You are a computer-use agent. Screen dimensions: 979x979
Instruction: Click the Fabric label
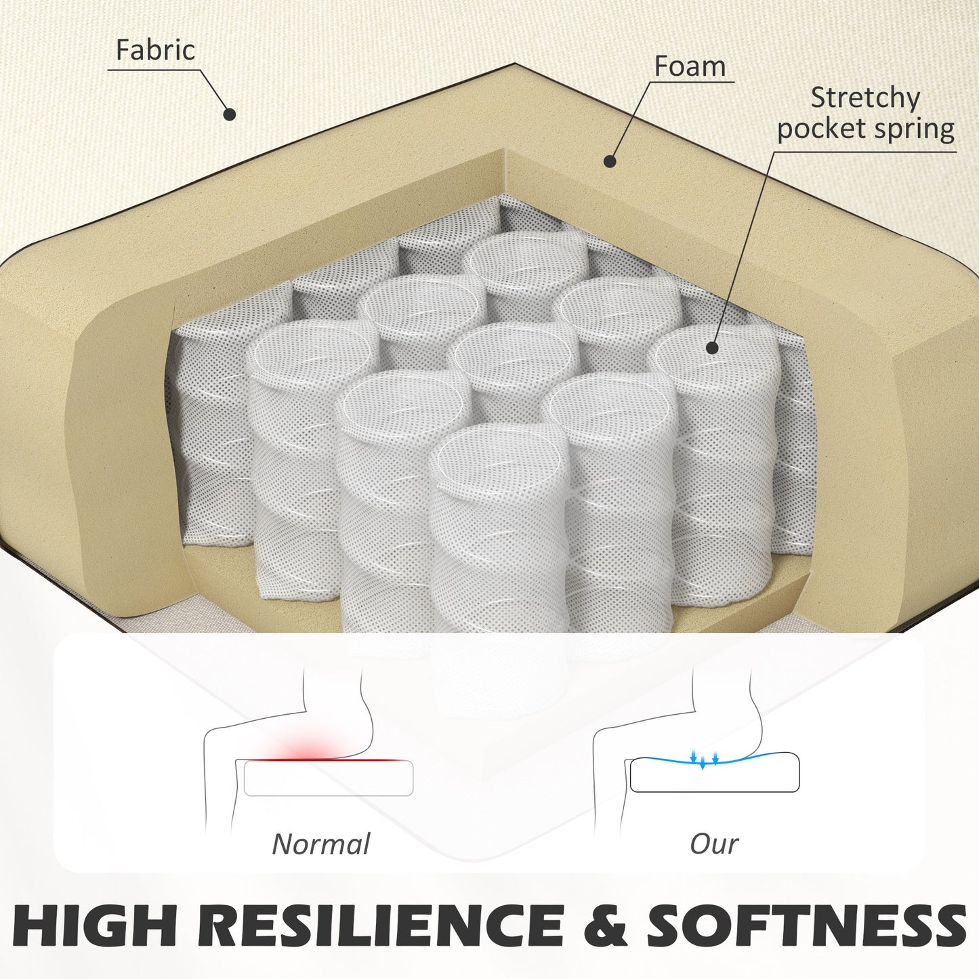[155, 49]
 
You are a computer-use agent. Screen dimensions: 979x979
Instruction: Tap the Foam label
[690, 66]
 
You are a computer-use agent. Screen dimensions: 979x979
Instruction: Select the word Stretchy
[865, 98]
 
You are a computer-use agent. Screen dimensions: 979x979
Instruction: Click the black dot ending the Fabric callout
[230, 114]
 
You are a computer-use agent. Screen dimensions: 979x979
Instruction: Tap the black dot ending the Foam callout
[610, 161]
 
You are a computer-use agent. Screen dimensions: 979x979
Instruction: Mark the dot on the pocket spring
[712, 348]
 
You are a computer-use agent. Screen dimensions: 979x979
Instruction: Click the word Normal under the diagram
[321, 844]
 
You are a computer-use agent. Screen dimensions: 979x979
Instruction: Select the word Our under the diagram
[714, 844]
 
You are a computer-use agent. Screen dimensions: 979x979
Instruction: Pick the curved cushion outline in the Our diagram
[714, 772]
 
